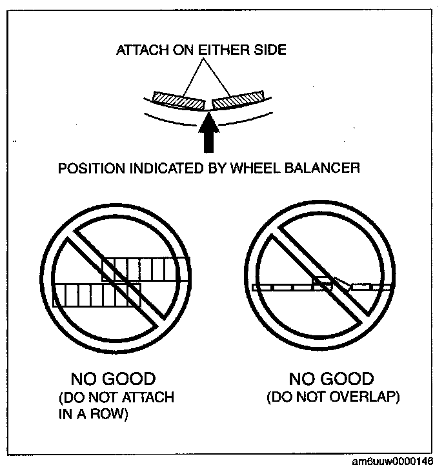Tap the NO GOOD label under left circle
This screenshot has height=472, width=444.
(113, 379)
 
